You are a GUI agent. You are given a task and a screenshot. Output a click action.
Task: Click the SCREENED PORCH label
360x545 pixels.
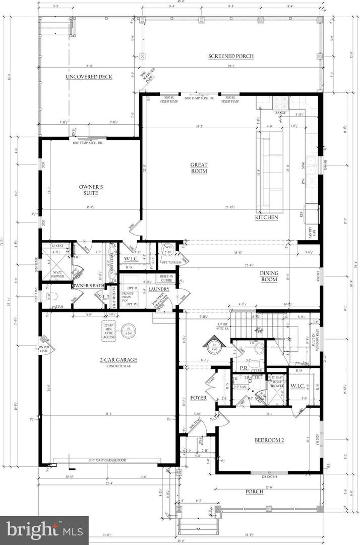231,56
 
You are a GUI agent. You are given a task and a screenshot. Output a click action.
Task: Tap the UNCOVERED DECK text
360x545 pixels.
89,77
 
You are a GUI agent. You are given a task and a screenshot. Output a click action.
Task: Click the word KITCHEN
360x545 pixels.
266,217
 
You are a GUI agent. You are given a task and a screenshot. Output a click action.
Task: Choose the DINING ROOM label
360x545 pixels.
269,276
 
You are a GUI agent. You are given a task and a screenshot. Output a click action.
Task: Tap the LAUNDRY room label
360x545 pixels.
155,289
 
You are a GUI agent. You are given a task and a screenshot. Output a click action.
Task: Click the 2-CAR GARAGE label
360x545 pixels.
118,360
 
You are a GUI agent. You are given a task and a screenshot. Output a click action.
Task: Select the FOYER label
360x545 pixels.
198,398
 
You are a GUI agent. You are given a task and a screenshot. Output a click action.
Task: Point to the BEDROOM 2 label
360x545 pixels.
269,440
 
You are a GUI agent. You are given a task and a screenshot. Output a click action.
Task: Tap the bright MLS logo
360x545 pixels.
44,530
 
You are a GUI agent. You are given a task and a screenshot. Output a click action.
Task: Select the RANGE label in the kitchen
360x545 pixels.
281,113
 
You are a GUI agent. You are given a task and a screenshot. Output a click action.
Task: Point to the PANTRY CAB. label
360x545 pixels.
313,232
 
